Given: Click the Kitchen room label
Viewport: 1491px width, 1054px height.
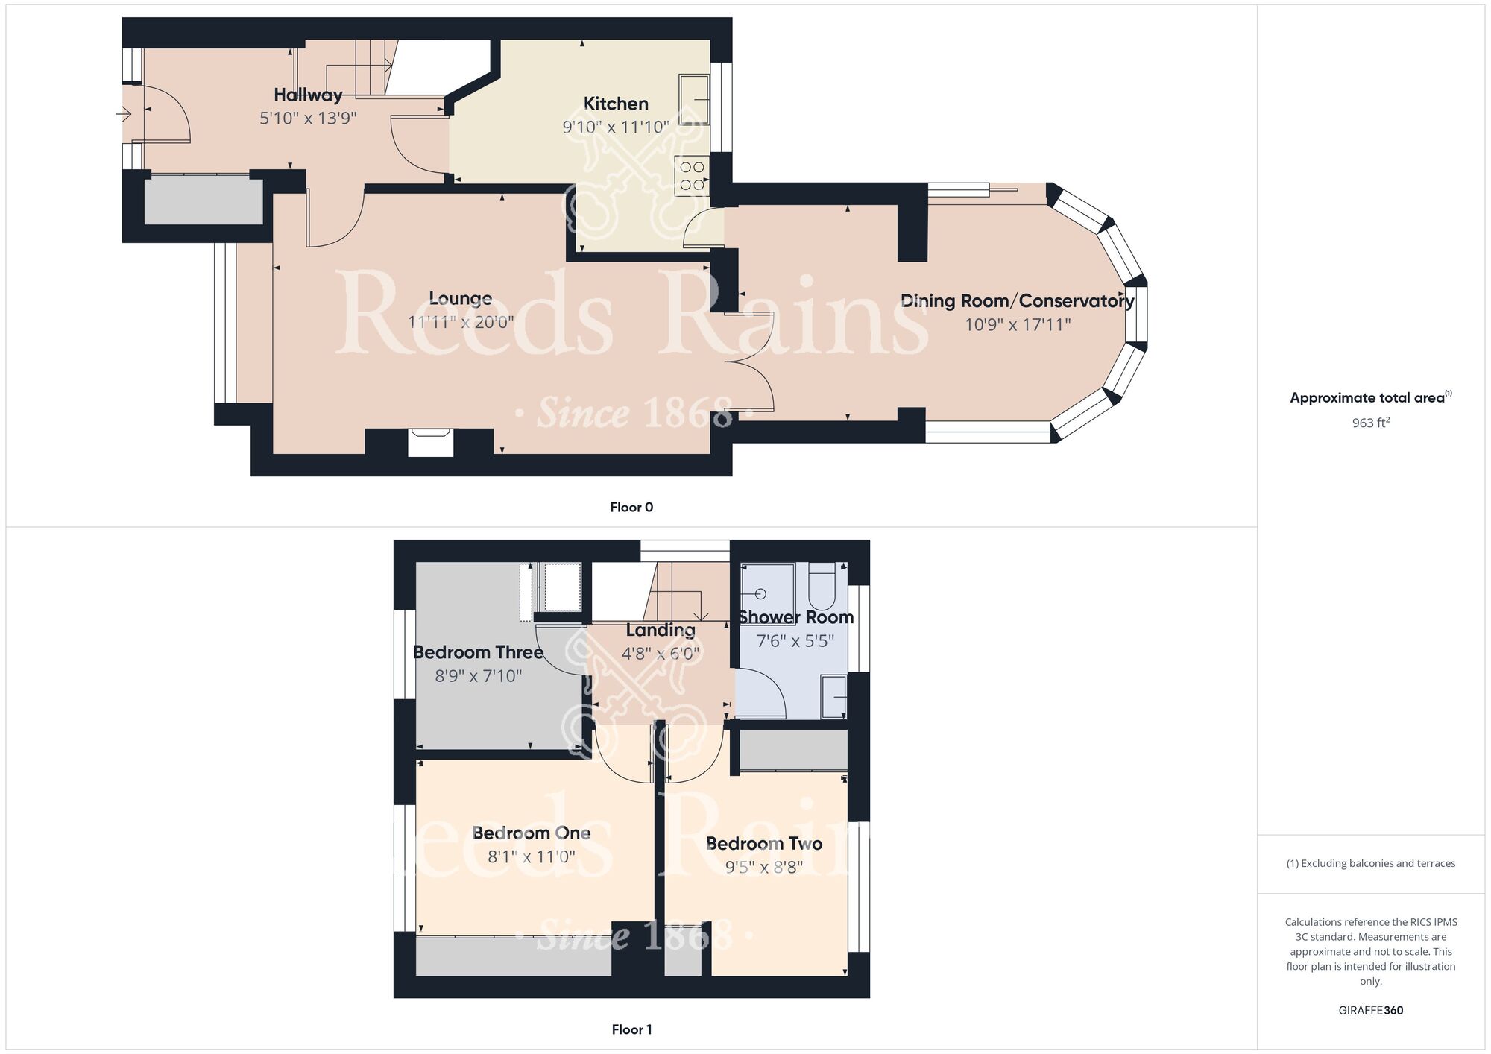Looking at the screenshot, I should coord(616,104).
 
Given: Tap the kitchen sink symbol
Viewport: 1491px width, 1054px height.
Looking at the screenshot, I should coord(693,98).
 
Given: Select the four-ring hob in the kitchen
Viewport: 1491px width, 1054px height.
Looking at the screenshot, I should coord(691,176).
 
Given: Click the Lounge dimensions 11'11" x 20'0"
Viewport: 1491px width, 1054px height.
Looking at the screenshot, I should coord(461,323).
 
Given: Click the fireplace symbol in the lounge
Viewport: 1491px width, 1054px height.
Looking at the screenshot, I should coord(430,442).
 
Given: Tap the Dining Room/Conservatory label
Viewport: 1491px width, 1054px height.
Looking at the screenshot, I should coord(1017,301).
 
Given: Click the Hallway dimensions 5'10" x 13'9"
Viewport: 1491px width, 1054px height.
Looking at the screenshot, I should coord(308,118).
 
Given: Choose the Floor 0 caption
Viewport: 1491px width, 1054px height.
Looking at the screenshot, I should coord(631,508).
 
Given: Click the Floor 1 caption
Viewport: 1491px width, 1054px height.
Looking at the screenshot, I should coord(631,1029).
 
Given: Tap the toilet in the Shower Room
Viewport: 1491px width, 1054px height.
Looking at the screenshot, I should coord(822,587).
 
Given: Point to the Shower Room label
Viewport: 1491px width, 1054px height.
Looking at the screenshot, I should coord(795,617).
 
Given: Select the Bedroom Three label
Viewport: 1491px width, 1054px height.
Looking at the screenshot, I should coord(478,652).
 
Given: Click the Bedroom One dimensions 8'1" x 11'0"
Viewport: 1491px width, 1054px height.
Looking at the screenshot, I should coord(531,857).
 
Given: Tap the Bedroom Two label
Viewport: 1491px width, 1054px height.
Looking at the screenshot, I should coord(763,844).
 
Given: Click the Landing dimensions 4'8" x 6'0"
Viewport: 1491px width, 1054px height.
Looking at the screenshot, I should coord(661,654).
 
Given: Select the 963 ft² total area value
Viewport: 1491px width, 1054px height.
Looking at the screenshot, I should coord(1370,423).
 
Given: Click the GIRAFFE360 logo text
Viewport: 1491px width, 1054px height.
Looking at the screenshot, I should coord(1370,1011).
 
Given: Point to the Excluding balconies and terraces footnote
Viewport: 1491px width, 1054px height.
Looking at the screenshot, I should coord(1370,864).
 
